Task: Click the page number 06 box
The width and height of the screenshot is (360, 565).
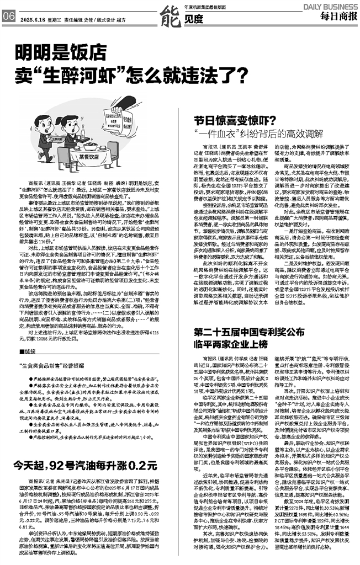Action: pos(8,16)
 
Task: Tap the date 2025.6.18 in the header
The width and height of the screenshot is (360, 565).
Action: pos(33,17)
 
